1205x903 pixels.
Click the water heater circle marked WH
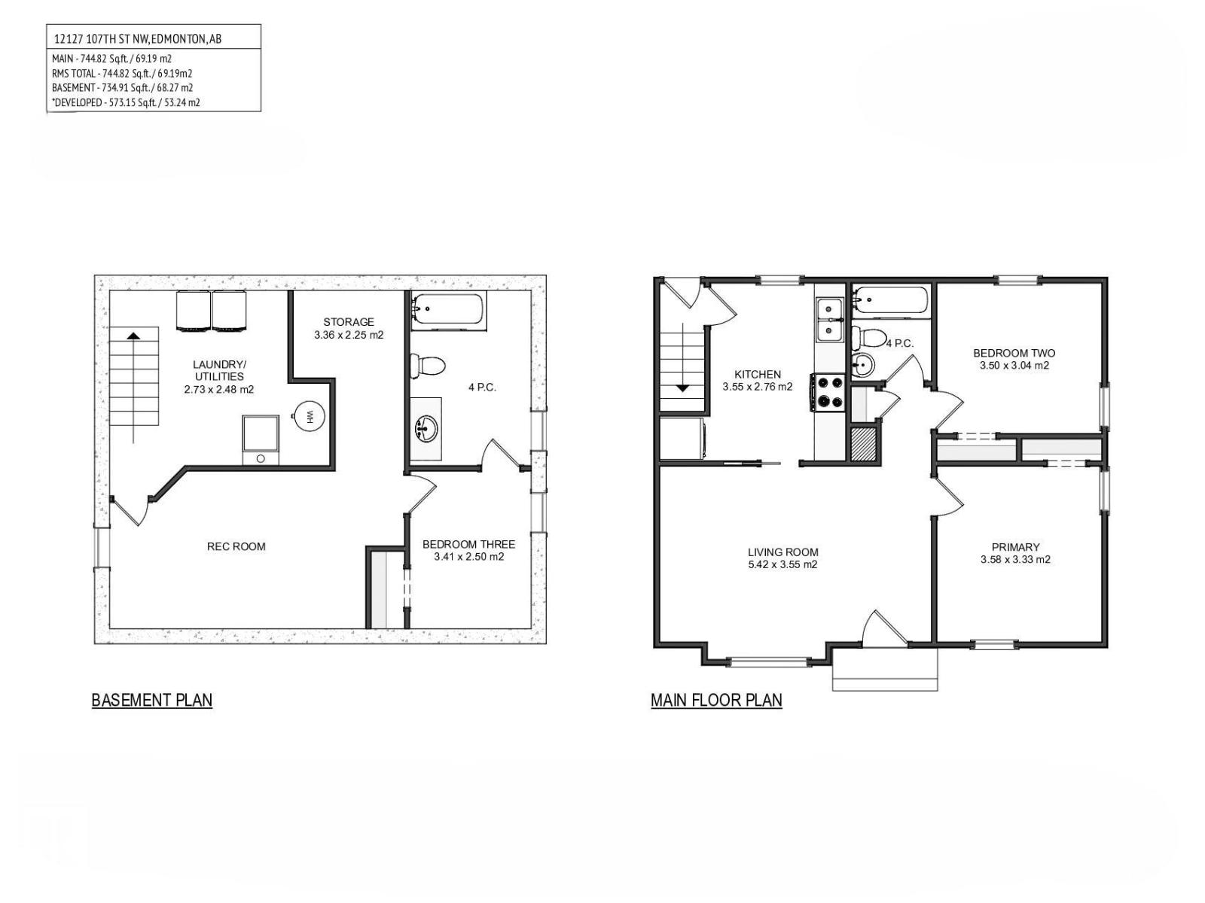pos(307,415)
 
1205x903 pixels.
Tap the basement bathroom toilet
pos(428,366)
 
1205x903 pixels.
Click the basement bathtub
pos(450,310)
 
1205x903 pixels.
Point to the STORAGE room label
pos(349,322)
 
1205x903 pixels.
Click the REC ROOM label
pos(236,546)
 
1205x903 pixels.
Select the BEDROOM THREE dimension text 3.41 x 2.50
pos(468,557)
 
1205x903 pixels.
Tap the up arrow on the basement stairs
pos(133,336)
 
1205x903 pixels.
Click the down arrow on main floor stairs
pos(682,388)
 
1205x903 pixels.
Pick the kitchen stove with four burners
pos(829,392)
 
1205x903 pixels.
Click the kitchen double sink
pos(829,319)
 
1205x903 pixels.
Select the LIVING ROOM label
pos(782,552)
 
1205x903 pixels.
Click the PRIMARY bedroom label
pos(1015,547)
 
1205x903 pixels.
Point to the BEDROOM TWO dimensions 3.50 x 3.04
pos(1014,366)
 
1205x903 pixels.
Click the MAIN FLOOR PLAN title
pos(716,700)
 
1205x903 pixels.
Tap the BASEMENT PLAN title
pos(151,700)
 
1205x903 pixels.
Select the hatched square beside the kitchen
pos(863,443)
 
